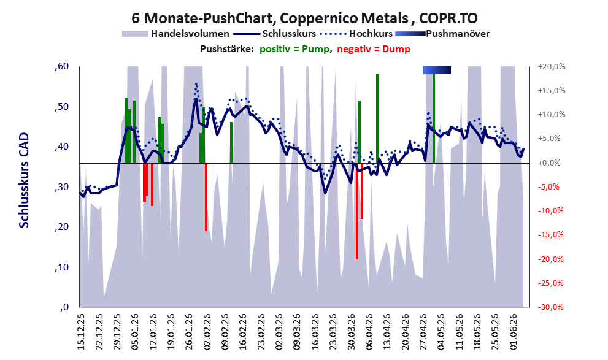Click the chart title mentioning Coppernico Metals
(304, 18)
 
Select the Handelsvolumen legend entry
(175, 34)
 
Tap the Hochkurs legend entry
(356, 34)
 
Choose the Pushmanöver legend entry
(442, 34)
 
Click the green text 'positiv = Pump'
(294, 49)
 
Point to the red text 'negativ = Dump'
(374, 49)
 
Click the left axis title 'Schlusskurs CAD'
(24, 180)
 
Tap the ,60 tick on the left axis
(61, 66)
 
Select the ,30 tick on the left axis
(61, 187)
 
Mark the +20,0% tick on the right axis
(552, 67)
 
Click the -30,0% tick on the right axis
(550, 307)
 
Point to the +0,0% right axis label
(550, 163)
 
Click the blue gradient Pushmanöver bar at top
(437, 70)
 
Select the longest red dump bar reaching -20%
(357, 211)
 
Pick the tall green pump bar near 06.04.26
(377, 118)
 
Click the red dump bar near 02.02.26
(206, 197)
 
